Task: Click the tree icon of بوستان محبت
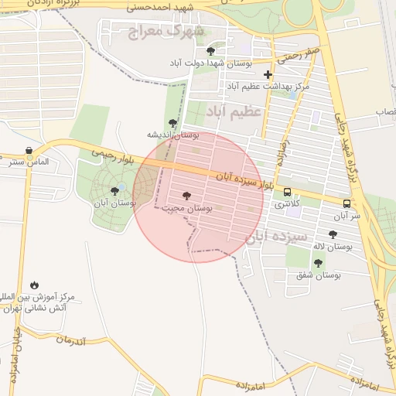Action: pos(186,196)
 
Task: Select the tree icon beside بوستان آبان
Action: pos(115,190)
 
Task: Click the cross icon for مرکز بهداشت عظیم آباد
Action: pos(268,75)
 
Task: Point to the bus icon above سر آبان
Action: pos(346,204)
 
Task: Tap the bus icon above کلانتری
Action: pos(288,193)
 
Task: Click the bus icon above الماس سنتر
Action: pos(29,151)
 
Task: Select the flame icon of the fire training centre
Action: pos(34,285)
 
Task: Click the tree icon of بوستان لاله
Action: pos(333,234)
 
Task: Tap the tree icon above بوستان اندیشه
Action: pos(172,123)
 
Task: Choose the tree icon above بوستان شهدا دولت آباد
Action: pos(210,51)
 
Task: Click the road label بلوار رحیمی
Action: pos(109,153)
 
